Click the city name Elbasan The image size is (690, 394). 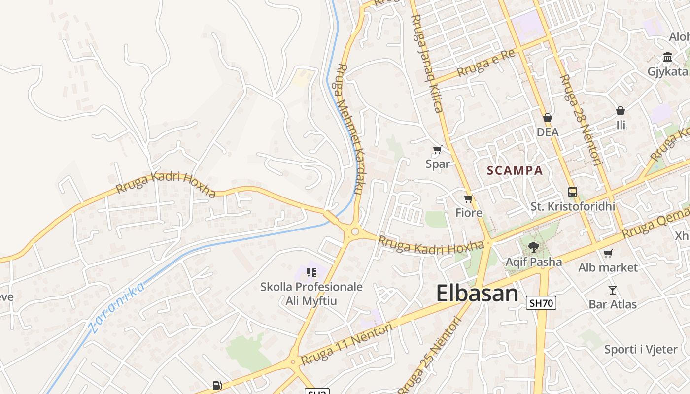[x=477, y=294]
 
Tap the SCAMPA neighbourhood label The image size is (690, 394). [x=515, y=171]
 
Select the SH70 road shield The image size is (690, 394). [x=541, y=303]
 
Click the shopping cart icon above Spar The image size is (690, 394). [x=437, y=149]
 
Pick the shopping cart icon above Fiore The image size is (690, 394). [x=468, y=199]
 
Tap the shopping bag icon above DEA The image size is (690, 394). [x=547, y=118]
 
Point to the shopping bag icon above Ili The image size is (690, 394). [x=621, y=111]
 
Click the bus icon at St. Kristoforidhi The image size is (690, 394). [x=572, y=192]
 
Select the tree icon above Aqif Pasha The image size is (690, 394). [x=533, y=247]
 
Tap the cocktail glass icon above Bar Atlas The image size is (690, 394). [x=613, y=290]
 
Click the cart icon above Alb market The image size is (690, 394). [x=608, y=253]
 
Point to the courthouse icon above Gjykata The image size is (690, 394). [x=668, y=57]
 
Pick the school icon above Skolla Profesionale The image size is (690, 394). [x=311, y=272]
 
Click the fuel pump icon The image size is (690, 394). [x=217, y=386]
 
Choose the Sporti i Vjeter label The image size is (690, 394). [x=641, y=350]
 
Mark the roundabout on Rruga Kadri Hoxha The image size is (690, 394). [x=354, y=231]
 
